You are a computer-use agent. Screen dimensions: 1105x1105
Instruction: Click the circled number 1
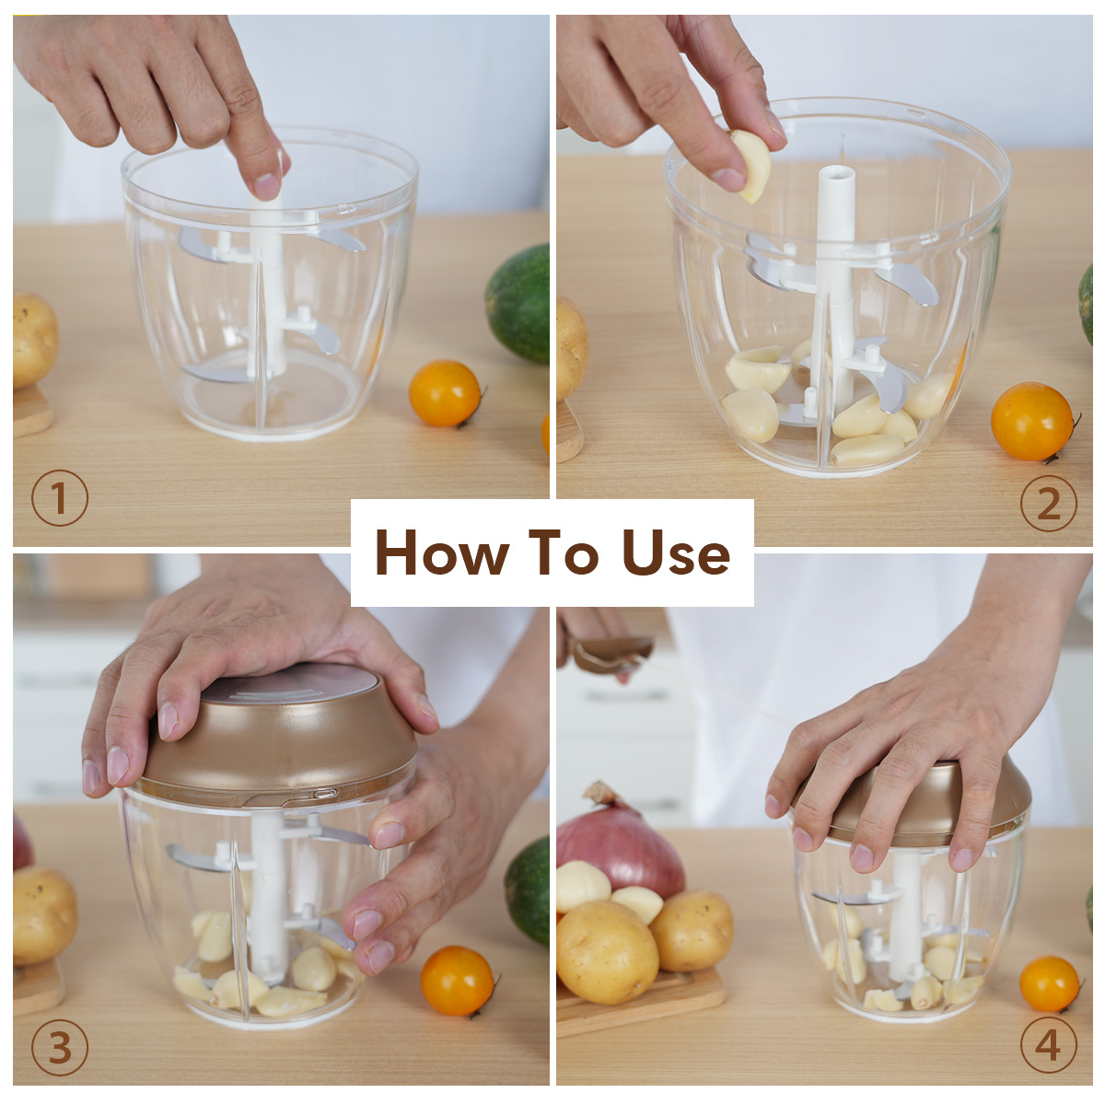point(60,498)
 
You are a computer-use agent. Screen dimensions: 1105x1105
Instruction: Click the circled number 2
point(1048,503)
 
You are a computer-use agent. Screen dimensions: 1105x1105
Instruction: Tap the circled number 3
point(60,1046)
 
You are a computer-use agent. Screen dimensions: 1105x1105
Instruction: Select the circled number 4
point(1048,1045)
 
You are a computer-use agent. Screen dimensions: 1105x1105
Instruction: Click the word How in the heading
point(442,552)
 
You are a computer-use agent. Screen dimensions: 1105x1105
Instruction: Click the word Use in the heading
point(676,552)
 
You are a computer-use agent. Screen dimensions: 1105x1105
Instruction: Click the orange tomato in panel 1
point(445,393)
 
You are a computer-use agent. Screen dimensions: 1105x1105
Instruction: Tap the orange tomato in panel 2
point(1031,422)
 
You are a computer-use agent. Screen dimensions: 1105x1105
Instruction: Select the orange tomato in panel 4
point(1049,984)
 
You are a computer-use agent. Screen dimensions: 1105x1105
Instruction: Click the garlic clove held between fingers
point(752,165)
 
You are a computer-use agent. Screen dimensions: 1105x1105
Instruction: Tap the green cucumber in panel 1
point(518,304)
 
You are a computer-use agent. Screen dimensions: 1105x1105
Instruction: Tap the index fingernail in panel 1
point(266,186)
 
